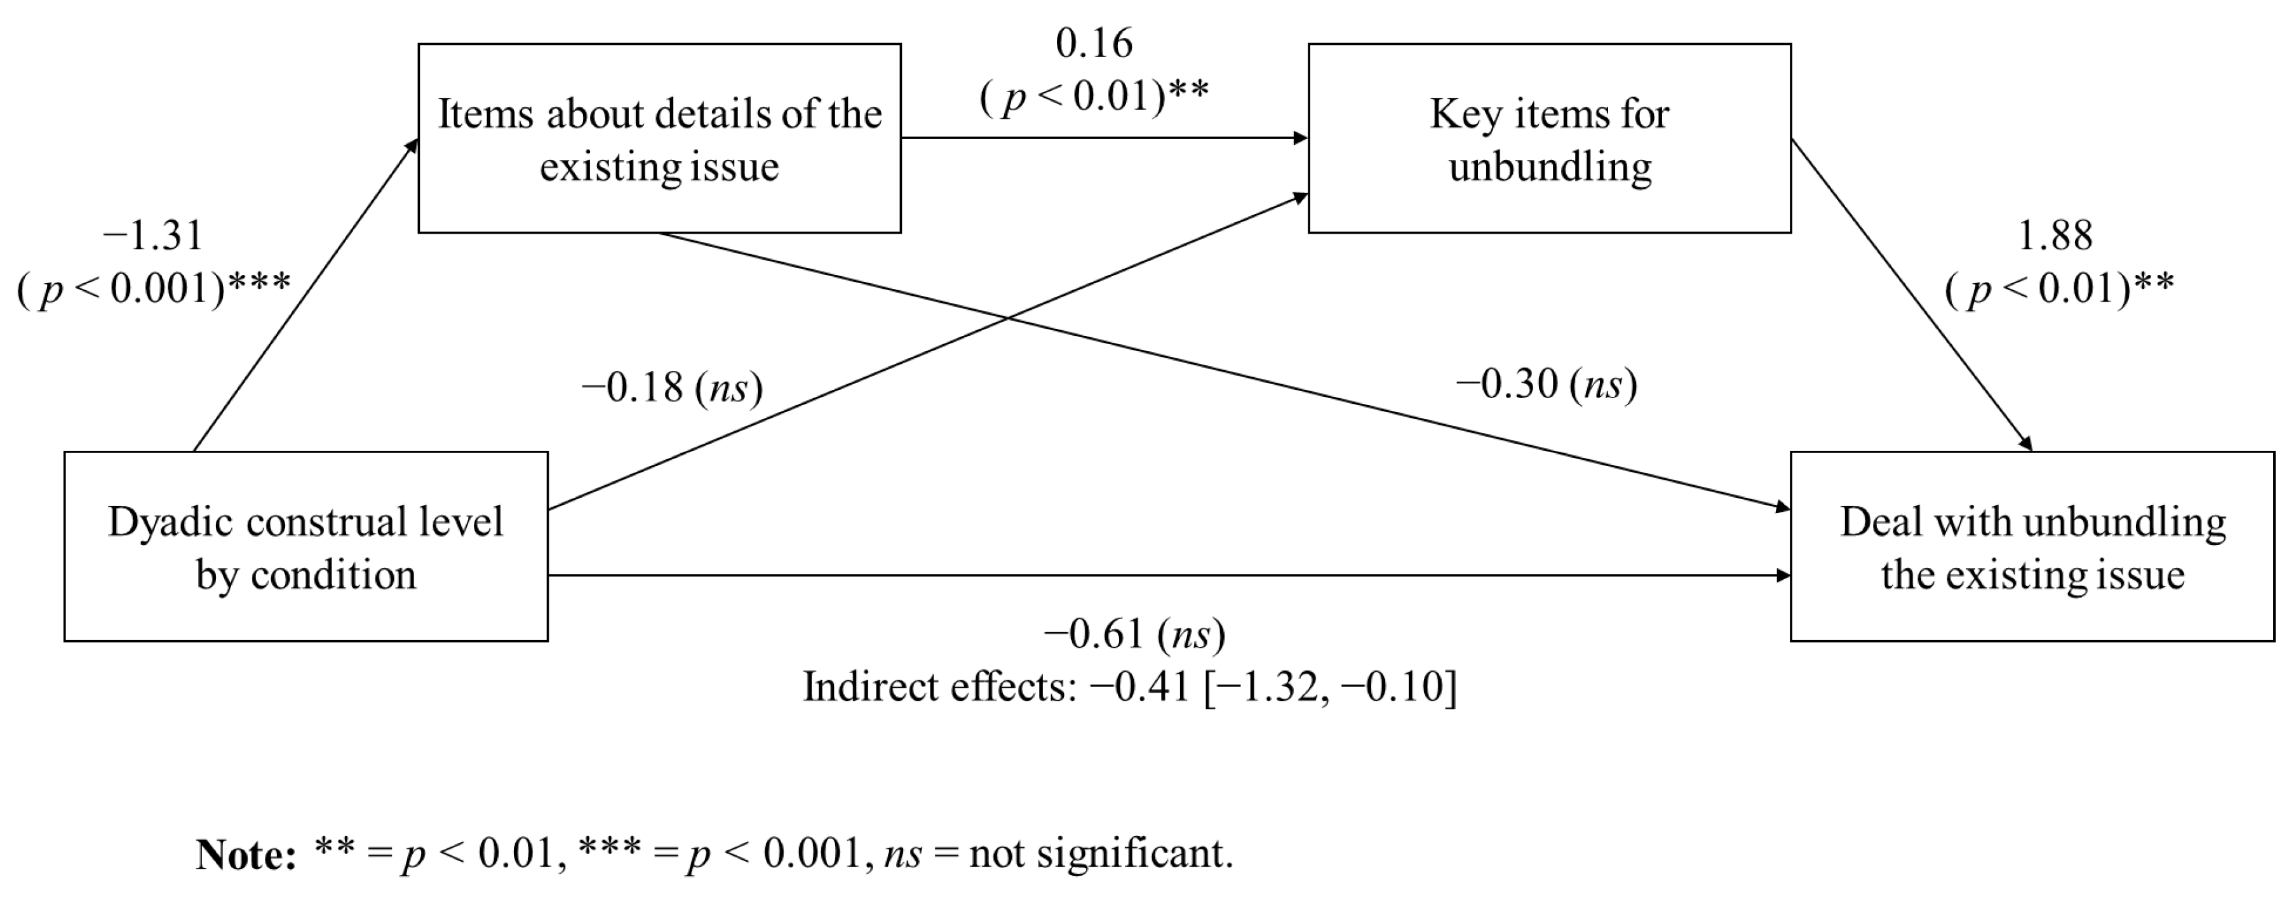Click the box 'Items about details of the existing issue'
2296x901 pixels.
point(659,139)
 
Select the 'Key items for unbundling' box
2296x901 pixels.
point(1549,139)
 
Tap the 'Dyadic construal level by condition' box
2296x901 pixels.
point(305,546)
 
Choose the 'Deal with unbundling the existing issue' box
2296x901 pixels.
point(2032,546)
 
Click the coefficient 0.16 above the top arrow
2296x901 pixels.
point(1094,43)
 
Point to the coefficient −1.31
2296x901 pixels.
point(153,236)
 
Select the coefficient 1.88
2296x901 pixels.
point(2055,236)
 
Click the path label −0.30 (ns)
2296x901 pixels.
point(1547,384)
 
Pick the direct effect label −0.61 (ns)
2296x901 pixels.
point(1134,634)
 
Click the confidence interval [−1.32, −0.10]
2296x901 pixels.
point(1330,687)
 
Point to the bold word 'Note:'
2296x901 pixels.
point(246,855)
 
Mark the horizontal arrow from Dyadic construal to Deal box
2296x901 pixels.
point(1158,576)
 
